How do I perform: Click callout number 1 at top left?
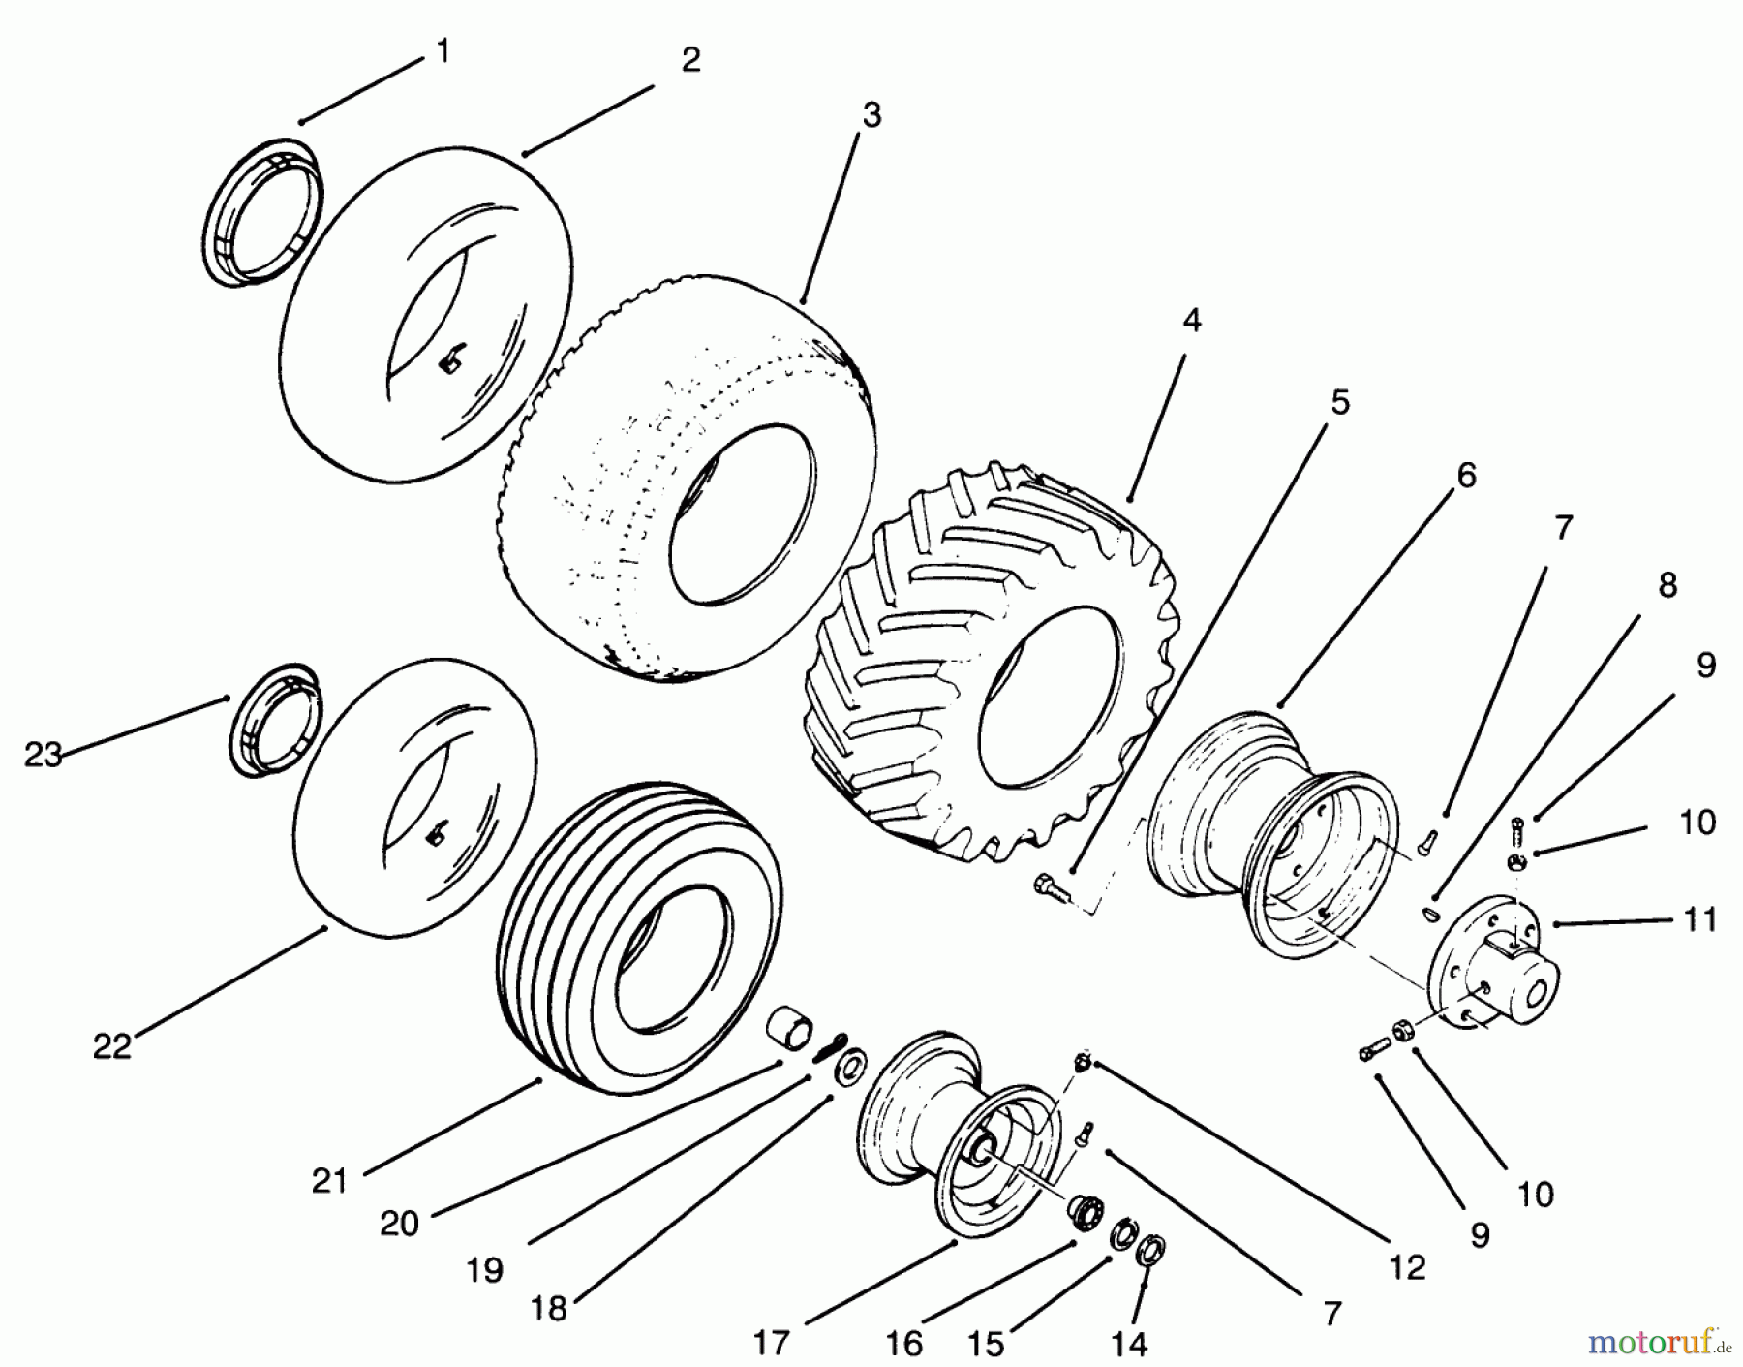pyautogui.click(x=443, y=50)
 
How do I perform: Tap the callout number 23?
pyautogui.click(x=43, y=755)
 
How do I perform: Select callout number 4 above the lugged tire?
pyautogui.click(x=1192, y=321)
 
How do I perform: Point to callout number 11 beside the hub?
pyautogui.click(x=1700, y=918)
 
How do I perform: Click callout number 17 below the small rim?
pyautogui.click(x=771, y=1344)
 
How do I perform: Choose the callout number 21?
pyautogui.click(x=329, y=1181)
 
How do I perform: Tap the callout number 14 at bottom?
pyautogui.click(x=1129, y=1344)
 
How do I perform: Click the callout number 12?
pyautogui.click(x=1406, y=1267)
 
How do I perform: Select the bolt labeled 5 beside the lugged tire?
pyautogui.click(x=1051, y=885)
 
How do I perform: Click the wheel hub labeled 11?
pyautogui.click(x=1496, y=964)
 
